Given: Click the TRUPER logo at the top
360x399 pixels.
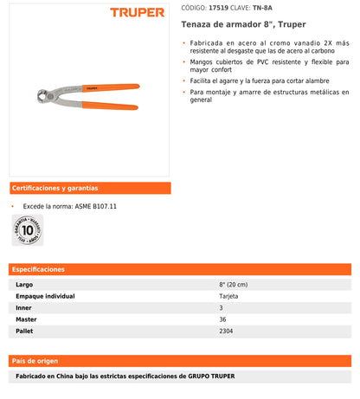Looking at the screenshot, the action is tap(138, 12).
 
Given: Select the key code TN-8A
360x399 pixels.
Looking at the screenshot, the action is tap(275, 7).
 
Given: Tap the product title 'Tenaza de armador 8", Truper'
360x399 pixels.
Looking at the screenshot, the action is tap(231, 25).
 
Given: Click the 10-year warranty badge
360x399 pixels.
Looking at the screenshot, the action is tap(28, 231).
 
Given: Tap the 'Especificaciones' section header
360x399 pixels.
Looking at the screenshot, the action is tap(38, 270).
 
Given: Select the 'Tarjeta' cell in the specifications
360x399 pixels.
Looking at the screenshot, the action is tap(229, 296).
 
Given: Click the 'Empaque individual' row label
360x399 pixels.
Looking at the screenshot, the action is tap(45, 296).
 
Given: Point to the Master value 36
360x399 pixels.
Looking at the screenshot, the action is tap(223, 319).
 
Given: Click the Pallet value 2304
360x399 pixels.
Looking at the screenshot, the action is tap(227, 330).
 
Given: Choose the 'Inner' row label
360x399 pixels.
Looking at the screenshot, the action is tap(24, 307).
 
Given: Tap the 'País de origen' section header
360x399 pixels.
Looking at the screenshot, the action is tap(35, 360).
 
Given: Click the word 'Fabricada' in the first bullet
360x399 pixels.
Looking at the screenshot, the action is tap(211, 43).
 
